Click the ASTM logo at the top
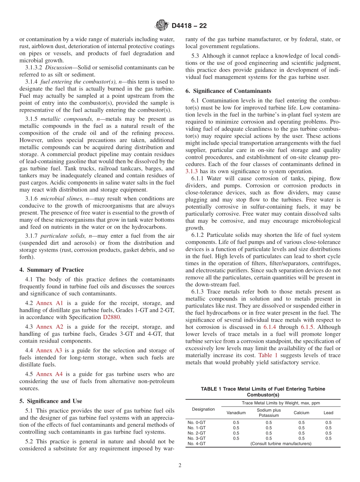pyautogui.click(x=162, y=26)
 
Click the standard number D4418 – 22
pyautogui.click(x=189, y=26)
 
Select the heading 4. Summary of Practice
pyautogui.click(x=52, y=270)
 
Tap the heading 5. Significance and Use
pyautogui.click(x=50, y=401)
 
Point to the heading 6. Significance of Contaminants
pyautogui.click(x=228, y=91)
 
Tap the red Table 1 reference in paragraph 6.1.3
pyautogui.click(x=268, y=355)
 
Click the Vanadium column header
pyautogui.click(x=236, y=413)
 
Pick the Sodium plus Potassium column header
pyautogui.click(x=269, y=413)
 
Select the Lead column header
pyautogui.click(x=328, y=413)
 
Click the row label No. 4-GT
pyautogui.click(x=197, y=443)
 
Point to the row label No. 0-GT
pyautogui.click(x=197, y=422)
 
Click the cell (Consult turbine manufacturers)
pyautogui.click(x=281, y=443)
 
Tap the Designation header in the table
pyautogui.click(x=203, y=409)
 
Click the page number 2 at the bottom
pyautogui.click(x=180, y=466)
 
